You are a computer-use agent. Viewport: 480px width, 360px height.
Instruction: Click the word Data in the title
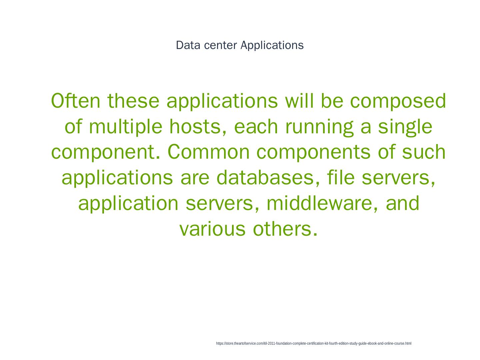pyautogui.click(x=188, y=45)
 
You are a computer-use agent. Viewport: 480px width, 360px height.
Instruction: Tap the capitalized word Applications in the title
pyautogui.click(x=272, y=45)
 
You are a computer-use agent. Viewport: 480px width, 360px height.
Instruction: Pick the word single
pyautogui.click(x=405, y=127)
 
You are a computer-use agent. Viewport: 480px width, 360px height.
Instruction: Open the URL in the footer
pyautogui.click(x=314, y=343)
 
